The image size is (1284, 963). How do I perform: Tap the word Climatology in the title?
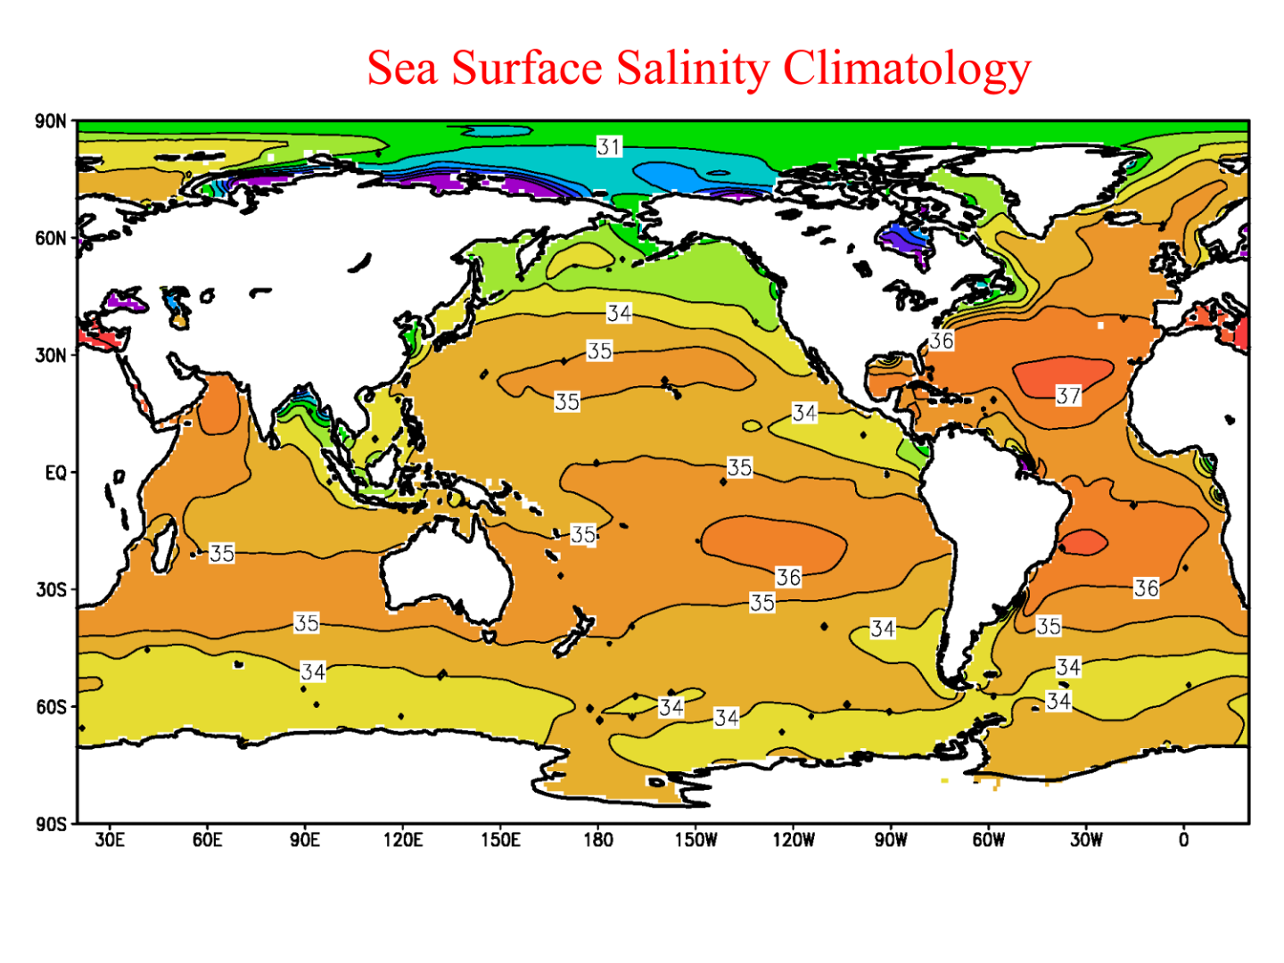(907, 69)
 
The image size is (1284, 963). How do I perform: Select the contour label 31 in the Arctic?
(609, 146)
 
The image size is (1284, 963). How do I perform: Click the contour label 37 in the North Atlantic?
(1068, 395)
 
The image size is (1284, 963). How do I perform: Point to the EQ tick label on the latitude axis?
(55, 473)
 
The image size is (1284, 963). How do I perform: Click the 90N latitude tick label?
(51, 121)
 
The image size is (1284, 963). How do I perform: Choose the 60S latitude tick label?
(51, 707)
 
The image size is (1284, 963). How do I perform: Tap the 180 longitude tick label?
(598, 840)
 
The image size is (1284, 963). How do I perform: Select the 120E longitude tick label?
(402, 840)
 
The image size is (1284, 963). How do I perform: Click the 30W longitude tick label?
(1086, 840)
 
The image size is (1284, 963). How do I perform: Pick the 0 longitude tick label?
(1183, 840)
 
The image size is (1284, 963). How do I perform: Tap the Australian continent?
(446, 571)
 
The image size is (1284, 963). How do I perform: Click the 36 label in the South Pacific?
(788, 577)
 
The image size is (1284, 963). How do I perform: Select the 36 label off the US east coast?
(942, 341)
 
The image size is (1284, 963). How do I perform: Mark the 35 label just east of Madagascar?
(222, 553)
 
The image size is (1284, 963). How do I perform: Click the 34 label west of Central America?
(804, 413)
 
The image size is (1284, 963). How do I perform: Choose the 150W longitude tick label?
(695, 840)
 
